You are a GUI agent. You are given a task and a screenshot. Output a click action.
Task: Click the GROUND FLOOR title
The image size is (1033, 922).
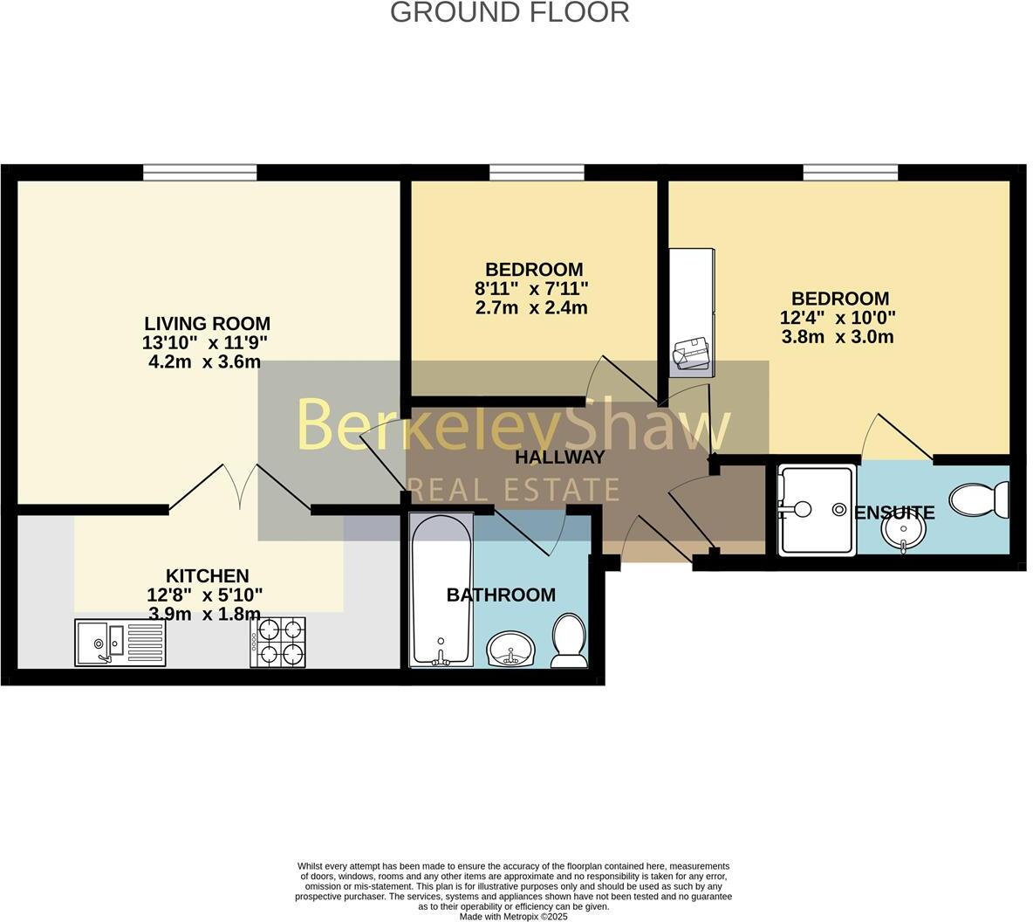(x=510, y=12)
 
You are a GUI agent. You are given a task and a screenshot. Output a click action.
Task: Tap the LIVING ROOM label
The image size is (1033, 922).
(x=207, y=324)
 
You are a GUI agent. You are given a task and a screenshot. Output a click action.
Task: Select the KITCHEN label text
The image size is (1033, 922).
(x=207, y=576)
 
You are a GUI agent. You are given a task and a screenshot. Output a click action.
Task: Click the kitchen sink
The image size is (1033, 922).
(x=120, y=643)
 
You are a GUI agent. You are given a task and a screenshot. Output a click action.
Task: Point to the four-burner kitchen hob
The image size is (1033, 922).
(x=278, y=643)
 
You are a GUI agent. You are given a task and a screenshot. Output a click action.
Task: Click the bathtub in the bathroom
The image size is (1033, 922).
(x=441, y=592)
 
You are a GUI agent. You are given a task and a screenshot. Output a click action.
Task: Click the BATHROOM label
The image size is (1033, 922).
(x=501, y=595)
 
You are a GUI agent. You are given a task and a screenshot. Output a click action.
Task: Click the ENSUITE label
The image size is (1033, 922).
(x=894, y=513)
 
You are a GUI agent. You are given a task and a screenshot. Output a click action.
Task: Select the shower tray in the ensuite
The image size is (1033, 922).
(x=816, y=511)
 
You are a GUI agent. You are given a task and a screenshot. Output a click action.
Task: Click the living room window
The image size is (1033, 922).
(x=200, y=173)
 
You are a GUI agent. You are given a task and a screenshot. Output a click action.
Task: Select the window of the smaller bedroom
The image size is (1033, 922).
(x=537, y=173)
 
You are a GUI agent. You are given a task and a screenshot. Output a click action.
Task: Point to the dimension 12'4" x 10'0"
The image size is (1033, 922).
(x=838, y=318)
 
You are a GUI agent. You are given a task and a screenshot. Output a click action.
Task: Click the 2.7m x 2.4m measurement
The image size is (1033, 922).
(x=531, y=308)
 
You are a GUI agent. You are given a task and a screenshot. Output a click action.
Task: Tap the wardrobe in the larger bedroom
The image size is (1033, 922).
(x=692, y=313)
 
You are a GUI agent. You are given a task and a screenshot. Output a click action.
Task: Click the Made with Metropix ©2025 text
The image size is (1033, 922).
(x=513, y=917)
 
